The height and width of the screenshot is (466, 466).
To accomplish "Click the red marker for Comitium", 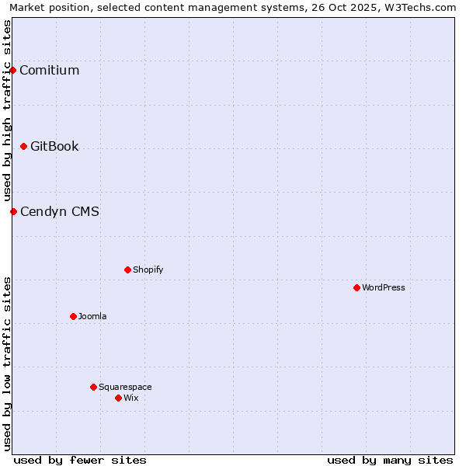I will [12, 70].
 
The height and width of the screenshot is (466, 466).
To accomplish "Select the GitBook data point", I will [23, 146].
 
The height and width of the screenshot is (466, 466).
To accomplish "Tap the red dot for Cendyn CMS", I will [13, 211].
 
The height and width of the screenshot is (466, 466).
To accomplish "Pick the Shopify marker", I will [127, 270].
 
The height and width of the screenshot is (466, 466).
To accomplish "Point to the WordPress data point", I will [356, 287].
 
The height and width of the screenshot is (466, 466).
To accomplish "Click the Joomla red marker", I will [73, 316].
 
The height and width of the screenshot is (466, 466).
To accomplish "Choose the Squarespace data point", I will [93, 387].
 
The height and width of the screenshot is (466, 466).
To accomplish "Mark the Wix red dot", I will [118, 398].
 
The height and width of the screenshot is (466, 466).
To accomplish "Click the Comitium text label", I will [49, 71].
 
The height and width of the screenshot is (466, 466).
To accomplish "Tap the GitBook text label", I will [54, 147].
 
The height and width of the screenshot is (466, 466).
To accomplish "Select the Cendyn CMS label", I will [59, 212].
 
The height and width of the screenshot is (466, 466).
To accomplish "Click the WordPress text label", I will [384, 288].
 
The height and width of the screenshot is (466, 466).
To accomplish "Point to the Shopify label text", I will [148, 270].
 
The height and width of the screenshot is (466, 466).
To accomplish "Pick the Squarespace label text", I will [125, 388].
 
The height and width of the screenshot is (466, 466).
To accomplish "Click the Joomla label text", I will [92, 317].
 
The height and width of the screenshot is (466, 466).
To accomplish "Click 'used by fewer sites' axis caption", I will [80, 460].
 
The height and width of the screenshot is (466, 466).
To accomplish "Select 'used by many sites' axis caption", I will [390, 460].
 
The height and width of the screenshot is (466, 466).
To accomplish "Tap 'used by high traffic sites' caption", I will [7, 110].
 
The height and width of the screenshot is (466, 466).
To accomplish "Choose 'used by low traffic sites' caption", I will [7, 363].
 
